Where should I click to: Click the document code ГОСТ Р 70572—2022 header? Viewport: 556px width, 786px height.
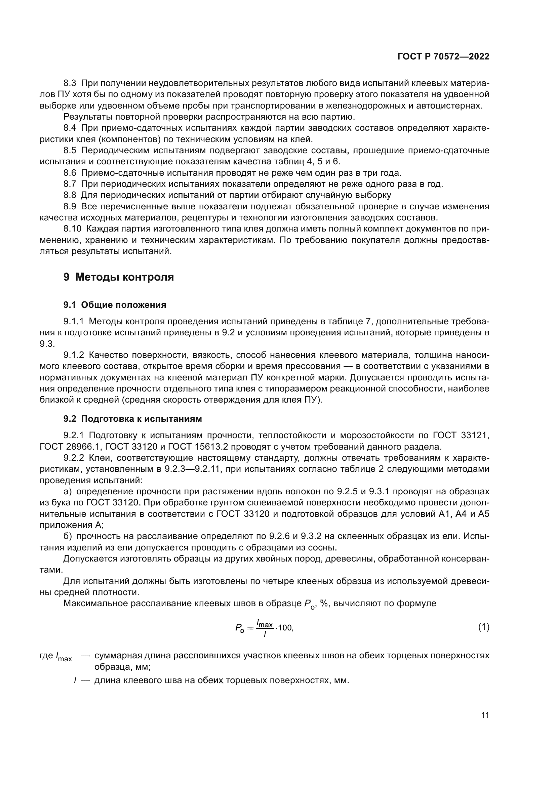point(443,57)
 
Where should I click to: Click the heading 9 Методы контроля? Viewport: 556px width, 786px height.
point(118,277)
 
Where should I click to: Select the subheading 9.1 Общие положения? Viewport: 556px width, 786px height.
point(115,305)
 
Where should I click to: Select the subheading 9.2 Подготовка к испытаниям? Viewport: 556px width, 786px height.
point(132,419)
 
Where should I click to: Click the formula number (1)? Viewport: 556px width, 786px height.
point(483,627)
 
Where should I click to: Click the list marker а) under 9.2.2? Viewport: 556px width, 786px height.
point(68,492)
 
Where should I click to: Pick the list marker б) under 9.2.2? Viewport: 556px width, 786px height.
point(68,536)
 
